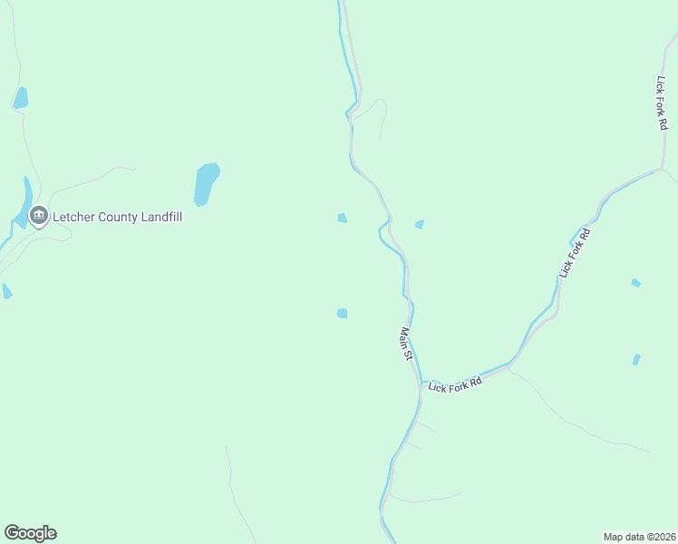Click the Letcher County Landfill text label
click(118, 218)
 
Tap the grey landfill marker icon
click(38, 217)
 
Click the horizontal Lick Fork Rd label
click(455, 384)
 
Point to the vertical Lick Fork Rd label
click(661, 102)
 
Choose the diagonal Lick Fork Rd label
click(575, 253)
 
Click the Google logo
click(30, 533)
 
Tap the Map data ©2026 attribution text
click(640, 536)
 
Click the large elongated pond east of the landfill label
click(206, 184)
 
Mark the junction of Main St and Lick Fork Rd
click(421, 384)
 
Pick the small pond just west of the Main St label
click(342, 314)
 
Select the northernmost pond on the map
click(20, 97)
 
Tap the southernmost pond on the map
click(636, 360)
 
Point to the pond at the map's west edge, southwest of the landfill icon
click(6, 291)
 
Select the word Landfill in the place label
click(160, 218)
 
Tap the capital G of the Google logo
click(12, 533)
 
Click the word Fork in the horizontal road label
click(457, 384)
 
